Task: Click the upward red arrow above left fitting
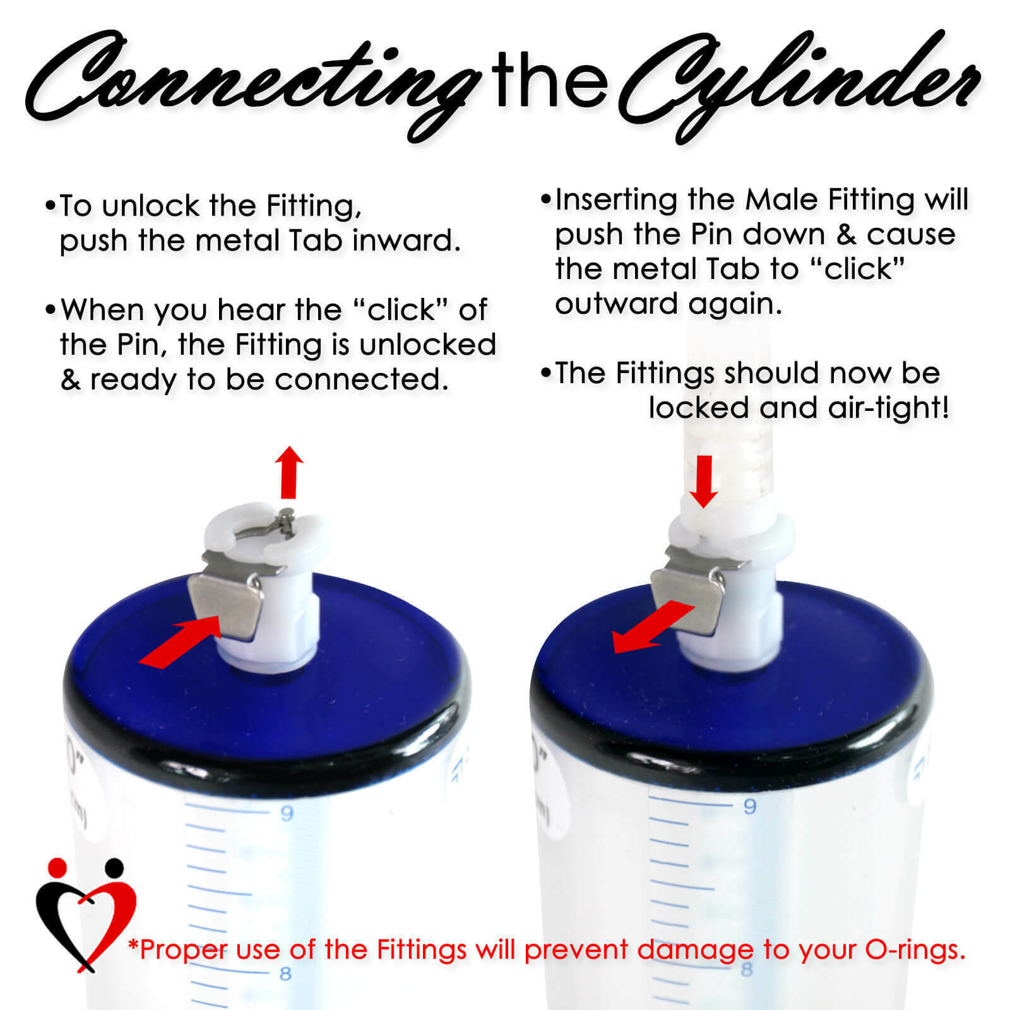pos(290,470)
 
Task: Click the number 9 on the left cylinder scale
pos(287,813)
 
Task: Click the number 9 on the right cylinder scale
pos(749,807)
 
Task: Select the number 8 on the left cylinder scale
pos(285,973)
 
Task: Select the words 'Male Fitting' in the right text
pos(829,199)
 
